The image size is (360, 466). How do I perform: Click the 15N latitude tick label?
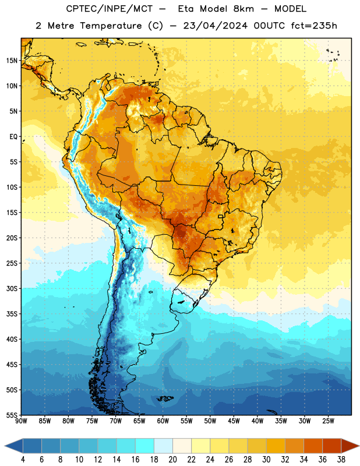12,61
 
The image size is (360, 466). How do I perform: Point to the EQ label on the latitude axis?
13,137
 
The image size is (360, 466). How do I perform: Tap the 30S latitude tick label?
12,288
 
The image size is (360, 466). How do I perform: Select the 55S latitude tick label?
12,415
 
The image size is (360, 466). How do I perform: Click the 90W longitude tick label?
21,421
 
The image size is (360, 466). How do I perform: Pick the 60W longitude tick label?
163,421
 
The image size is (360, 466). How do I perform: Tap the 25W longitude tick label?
328,421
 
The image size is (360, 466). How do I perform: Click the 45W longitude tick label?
234,421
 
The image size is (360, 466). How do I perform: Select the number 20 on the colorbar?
172,460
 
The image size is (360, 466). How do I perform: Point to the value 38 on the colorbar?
341,460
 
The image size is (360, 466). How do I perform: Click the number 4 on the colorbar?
23,460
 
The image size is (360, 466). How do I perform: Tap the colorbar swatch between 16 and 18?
144,446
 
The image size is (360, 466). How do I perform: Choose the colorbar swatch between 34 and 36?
313,446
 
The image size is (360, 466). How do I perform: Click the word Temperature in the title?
111,26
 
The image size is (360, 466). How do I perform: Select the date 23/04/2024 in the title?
215,26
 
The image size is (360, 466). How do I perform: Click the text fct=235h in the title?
314,26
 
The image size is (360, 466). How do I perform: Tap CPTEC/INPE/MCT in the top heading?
110,9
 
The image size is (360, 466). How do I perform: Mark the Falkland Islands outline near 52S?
165,398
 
